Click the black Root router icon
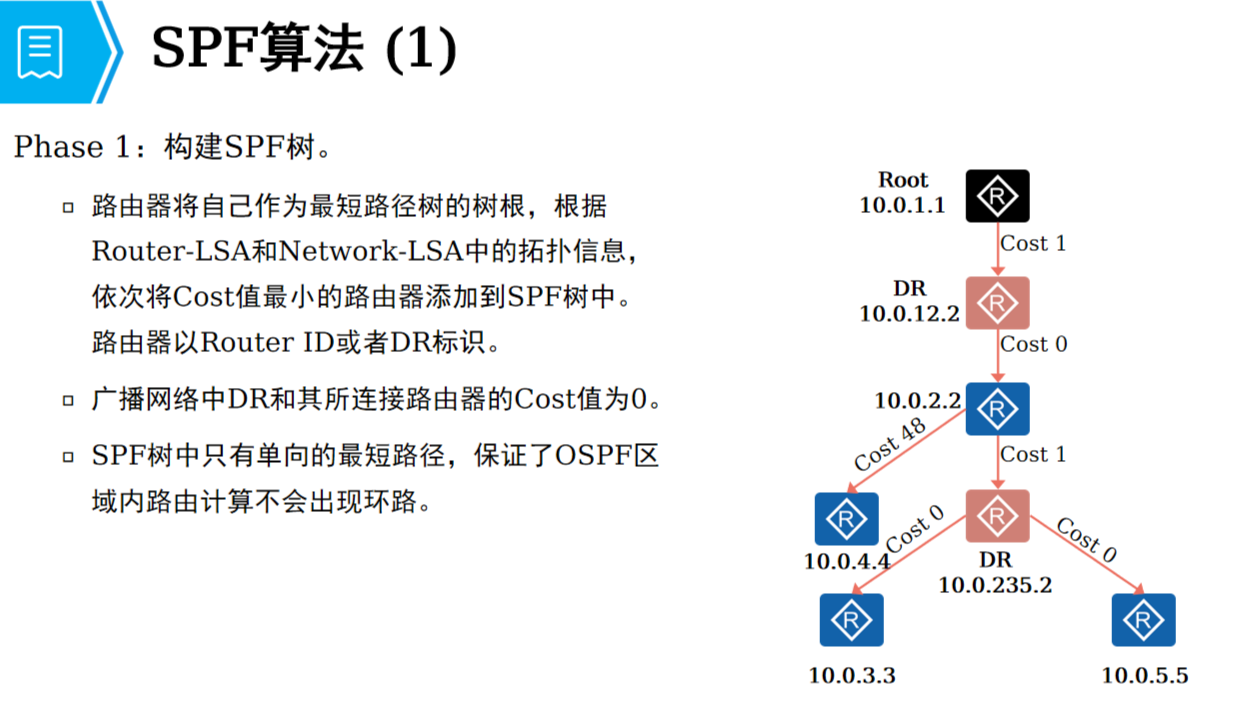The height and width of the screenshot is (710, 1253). (997, 196)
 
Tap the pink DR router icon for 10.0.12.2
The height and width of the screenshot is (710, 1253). (997, 302)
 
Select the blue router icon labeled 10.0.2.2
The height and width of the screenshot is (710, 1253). (997, 409)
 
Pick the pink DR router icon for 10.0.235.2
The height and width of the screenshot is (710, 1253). (997, 516)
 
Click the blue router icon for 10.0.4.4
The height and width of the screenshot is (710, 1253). (847, 519)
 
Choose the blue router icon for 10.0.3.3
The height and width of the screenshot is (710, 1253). (852, 620)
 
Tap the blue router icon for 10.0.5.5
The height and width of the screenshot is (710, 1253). (1143, 620)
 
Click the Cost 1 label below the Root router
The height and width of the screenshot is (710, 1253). (1033, 243)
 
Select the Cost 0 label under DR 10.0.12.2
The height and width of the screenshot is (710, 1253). (1033, 344)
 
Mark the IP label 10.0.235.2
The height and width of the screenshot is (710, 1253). (994, 585)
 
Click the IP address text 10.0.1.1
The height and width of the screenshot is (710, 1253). (901, 205)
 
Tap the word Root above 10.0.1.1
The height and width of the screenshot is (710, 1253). (903, 180)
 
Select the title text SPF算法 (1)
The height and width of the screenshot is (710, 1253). (303, 50)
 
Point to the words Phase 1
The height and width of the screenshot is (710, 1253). (72, 148)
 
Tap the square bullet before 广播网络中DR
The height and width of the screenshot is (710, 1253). (68, 401)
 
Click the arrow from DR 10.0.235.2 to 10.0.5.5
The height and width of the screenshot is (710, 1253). (1087, 557)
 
